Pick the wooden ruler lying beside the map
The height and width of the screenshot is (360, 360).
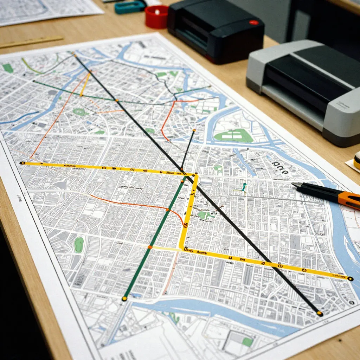click(x=32, y=42)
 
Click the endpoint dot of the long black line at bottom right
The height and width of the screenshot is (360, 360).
click(x=320, y=313)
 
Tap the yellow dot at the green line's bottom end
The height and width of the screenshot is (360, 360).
click(x=124, y=299)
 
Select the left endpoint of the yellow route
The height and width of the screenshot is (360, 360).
click(x=22, y=163)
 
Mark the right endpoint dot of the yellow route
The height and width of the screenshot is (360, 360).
click(x=350, y=279)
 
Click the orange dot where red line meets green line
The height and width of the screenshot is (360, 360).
click(x=168, y=210)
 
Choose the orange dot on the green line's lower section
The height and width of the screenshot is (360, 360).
click(x=149, y=247)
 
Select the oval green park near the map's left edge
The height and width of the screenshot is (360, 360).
click(x=79, y=244)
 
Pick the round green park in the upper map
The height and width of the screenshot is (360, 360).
click(x=79, y=112)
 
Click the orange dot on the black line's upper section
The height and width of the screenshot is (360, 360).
click(x=117, y=100)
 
